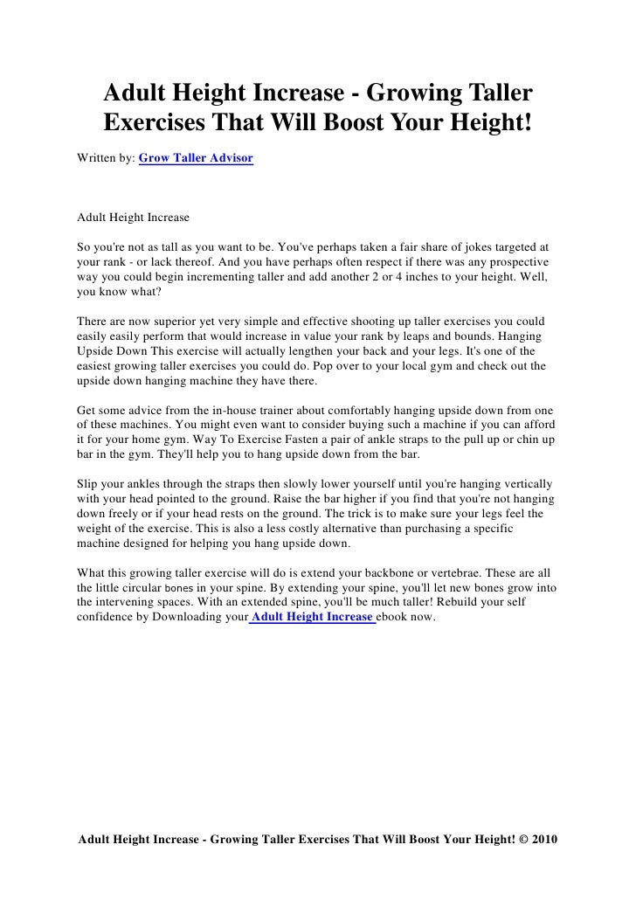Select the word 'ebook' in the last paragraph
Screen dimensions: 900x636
coord(396,618)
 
